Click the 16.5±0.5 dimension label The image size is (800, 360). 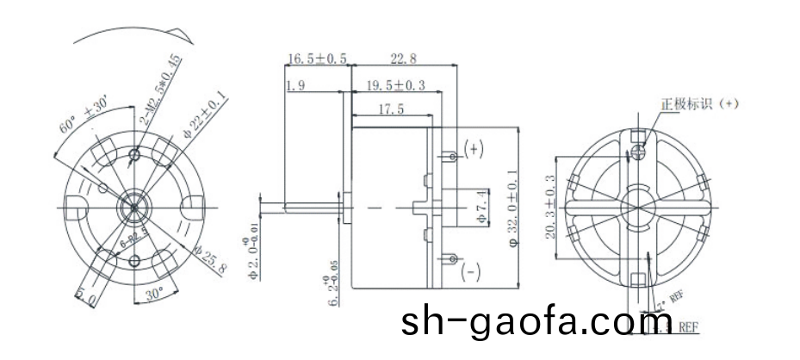coord(317,59)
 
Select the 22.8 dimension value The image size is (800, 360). coord(404,59)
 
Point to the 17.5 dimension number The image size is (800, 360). coord(392,109)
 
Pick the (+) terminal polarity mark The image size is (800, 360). coord(474,149)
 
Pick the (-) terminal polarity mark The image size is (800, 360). coord(472,273)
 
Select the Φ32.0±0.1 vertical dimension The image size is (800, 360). coord(513,210)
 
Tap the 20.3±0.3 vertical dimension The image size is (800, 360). coord(550,207)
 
